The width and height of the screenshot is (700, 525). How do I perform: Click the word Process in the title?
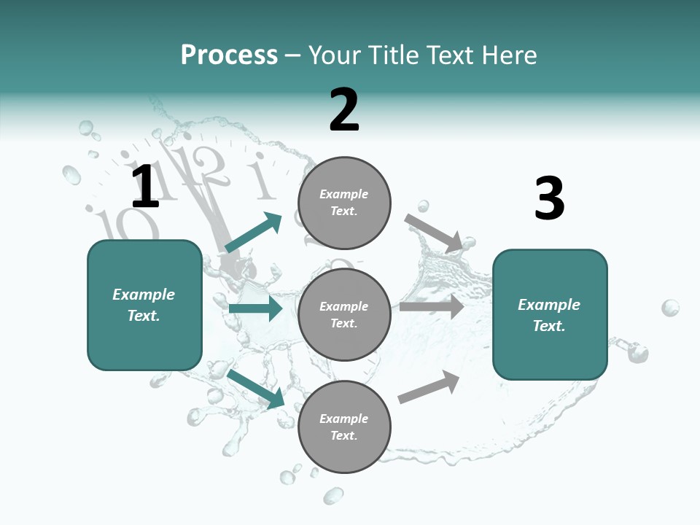(229, 55)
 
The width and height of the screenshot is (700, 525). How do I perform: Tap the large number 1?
(145, 187)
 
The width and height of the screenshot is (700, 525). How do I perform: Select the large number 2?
(344, 110)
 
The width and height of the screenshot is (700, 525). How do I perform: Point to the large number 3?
(549, 198)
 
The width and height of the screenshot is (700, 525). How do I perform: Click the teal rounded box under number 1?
(144, 305)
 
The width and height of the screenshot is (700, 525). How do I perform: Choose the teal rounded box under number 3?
(550, 314)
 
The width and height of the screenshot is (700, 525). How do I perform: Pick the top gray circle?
(344, 202)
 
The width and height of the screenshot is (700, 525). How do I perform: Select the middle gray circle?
(344, 314)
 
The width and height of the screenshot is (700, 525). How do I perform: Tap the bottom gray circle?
(344, 427)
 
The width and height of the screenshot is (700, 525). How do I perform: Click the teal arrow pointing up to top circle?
(253, 233)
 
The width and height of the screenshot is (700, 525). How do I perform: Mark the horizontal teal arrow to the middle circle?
(255, 308)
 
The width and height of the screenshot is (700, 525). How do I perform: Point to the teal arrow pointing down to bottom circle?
(255, 388)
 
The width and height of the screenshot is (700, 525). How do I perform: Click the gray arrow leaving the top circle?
(433, 232)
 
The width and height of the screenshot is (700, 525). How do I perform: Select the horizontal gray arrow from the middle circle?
(432, 307)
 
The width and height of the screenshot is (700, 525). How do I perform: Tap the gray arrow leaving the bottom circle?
(429, 386)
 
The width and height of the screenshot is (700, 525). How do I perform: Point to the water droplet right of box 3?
(670, 308)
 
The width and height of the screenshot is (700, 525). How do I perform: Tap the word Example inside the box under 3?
(549, 305)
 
